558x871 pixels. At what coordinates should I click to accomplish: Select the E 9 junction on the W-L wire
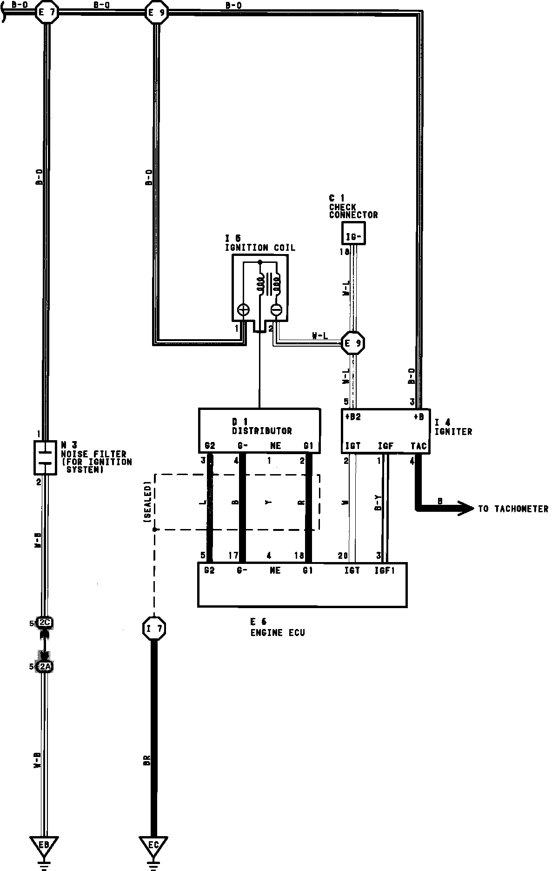click(353, 344)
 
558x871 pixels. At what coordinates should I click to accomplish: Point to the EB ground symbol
click(44, 844)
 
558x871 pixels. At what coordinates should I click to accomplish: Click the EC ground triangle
click(153, 844)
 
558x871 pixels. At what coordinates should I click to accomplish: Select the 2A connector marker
click(45, 667)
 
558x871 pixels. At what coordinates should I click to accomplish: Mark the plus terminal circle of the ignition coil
click(243, 310)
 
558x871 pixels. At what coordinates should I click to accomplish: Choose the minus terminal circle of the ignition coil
click(276, 310)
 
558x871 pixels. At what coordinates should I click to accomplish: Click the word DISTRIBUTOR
click(262, 431)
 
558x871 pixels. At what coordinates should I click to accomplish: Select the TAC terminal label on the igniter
click(418, 446)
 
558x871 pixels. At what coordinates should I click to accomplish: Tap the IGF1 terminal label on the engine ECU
click(385, 570)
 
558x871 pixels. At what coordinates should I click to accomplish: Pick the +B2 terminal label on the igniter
click(352, 417)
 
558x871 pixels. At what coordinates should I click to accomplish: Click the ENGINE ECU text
click(278, 633)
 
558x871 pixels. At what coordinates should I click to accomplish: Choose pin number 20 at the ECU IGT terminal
click(343, 556)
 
